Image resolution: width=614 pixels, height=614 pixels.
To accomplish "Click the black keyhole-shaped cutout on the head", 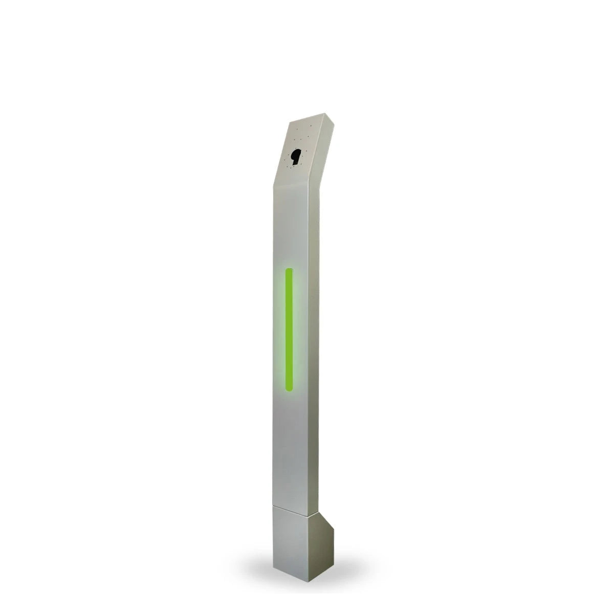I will point(295,156).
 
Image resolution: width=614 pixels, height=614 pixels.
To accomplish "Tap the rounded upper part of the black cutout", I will point(296,153).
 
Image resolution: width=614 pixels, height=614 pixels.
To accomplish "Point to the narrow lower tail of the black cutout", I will point(294,163).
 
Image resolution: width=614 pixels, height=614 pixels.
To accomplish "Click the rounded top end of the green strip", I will point(289,271).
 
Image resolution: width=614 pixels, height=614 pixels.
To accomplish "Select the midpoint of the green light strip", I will point(289,328).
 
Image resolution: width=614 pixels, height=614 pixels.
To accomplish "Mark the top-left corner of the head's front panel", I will point(289,123).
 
